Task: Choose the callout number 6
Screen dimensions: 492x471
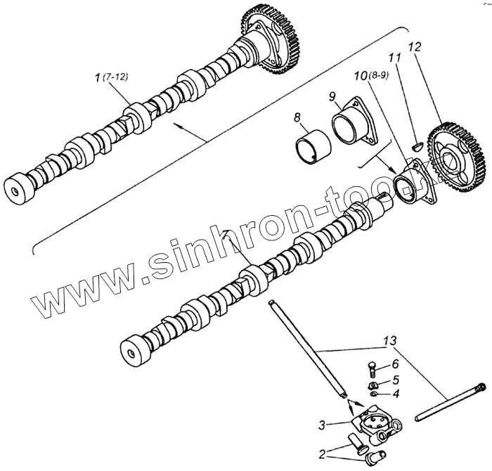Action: pyautogui.click(x=396, y=364)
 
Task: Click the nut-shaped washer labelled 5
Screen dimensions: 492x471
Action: pyautogui.click(x=374, y=385)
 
